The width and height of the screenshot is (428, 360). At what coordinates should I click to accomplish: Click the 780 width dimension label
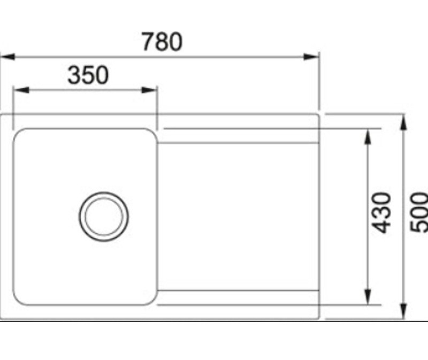point(162,42)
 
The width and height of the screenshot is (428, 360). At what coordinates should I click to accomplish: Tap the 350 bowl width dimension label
point(88,75)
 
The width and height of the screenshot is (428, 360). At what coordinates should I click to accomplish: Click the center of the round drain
point(104,216)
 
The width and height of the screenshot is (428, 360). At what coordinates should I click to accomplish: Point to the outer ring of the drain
point(82,216)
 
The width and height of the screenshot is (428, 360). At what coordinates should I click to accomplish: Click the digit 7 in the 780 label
point(148,42)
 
